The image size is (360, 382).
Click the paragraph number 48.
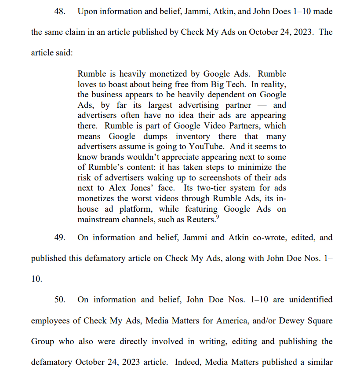pyautogui.click(x=59, y=11)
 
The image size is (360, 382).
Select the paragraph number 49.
pyautogui.click(x=59, y=238)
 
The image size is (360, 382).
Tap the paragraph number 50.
pyautogui.click(x=59, y=300)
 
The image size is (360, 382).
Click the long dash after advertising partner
pyautogui.click(x=262, y=105)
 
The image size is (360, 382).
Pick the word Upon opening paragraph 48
pyautogui.click(x=87, y=11)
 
